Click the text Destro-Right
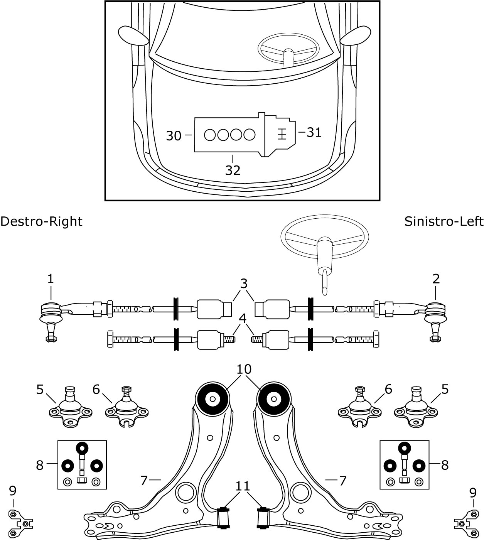point(41,222)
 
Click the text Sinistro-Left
point(444,222)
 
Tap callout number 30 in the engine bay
point(174,136)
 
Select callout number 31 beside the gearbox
point(314,132)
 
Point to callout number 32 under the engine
point(233,170)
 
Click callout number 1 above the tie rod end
point(51,279)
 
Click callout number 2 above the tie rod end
point(436,279)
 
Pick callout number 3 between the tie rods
point(243,284)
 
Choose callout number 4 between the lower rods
point(243,319)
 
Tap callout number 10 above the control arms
point(244,370)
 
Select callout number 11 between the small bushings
point(243,487)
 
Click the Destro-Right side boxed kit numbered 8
point(82,465)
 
